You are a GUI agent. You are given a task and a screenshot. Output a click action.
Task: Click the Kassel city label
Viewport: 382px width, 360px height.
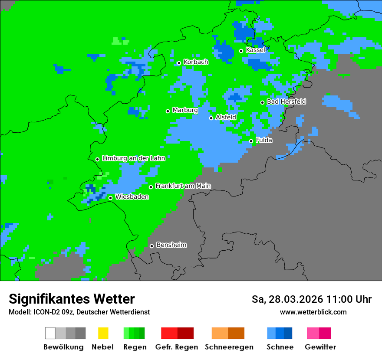pyautogui.click(x=255, y=50)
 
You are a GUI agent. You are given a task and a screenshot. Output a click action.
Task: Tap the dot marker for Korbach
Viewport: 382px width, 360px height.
pyautogui.click(x=179, y=63)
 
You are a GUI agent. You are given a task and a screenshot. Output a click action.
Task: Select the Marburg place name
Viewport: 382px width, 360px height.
pyautogui.click(x=185, y=110)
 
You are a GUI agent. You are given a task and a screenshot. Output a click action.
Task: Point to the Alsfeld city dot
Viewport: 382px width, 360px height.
pyautogui.click(x=211, y=118)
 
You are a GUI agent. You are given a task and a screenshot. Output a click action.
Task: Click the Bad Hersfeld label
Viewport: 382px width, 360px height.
pyautogui.click(x=286, y=101)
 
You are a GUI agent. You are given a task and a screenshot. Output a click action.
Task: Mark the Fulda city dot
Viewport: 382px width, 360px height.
pyautogui.click(x=251, y=141)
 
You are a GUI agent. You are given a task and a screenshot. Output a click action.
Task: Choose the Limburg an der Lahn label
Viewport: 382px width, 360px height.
pyautogui.click(x=133, y=158)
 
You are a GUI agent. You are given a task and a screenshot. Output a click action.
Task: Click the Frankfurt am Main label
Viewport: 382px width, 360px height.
pyautogui.click(x=183, y=186)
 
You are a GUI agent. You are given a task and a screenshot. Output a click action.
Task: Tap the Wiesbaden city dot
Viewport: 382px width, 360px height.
pyautogui.click(x=110, y=198)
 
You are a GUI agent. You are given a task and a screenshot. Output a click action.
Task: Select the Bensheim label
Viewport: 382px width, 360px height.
pyautogui.click(x=171, y=245)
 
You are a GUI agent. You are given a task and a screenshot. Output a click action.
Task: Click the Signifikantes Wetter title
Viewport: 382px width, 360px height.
pyautogui.click(x=72, y=299)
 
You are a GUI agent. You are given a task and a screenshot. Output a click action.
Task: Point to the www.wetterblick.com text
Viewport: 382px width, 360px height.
pyautogui.click(x=313, y=312)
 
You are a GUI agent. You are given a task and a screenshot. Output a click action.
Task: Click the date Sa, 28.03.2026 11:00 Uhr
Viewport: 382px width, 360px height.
pyautogui.click(x=311, y=299)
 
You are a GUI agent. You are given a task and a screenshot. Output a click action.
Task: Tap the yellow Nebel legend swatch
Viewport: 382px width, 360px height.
pyautogui.click(x=103, y=333)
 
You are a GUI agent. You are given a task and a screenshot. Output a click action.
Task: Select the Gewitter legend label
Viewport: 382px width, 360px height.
pyautogui.click(x=320, y=347)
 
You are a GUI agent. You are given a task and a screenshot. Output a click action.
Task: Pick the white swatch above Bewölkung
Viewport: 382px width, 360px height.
pyautogui.click(x=50, y=333)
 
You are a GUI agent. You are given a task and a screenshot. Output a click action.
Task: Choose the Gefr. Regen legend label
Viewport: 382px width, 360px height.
pyautogui.click(x=176, y=347)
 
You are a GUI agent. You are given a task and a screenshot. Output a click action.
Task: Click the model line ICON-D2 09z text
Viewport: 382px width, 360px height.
pyautogui.click(x=79, y=312)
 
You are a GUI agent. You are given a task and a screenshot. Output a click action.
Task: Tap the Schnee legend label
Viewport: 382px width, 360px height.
pyautogui.click(x=280, y=347)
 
